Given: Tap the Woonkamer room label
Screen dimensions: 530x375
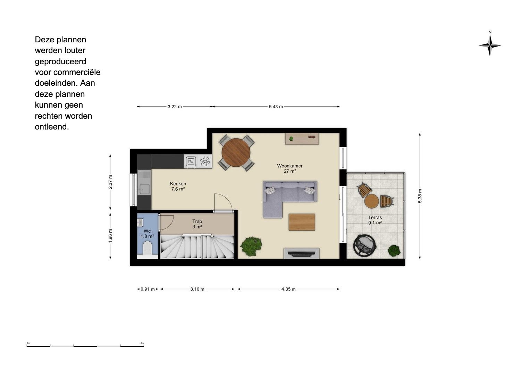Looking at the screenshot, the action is coord(289,166).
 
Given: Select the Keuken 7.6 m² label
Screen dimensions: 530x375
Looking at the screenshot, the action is coord(178,186).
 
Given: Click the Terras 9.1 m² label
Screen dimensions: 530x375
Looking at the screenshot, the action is coord(375,220).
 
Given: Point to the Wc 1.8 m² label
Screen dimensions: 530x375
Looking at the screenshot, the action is coord(147,234).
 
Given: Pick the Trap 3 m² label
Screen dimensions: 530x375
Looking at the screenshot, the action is coord(197,224).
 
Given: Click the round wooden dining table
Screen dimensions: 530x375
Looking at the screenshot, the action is coord(236,152).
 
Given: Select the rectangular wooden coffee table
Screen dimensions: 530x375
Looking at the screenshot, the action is coord(302,222).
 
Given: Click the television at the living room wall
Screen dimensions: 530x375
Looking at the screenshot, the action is coord(301,254).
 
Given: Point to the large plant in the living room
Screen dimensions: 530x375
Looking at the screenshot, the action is coord(251,247).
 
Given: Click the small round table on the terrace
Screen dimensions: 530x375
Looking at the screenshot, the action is coord(371,201).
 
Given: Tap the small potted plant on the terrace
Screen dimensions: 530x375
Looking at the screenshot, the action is coord(394,251).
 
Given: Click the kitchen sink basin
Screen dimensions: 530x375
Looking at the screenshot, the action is coord(144,189).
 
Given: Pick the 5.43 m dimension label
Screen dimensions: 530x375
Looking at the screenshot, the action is coord(276,107).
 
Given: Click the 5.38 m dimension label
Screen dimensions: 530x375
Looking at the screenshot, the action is coord(420,196).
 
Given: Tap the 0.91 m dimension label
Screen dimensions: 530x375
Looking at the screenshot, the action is coord(148,289).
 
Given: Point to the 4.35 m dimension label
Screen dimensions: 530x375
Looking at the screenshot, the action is coord(288,289).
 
